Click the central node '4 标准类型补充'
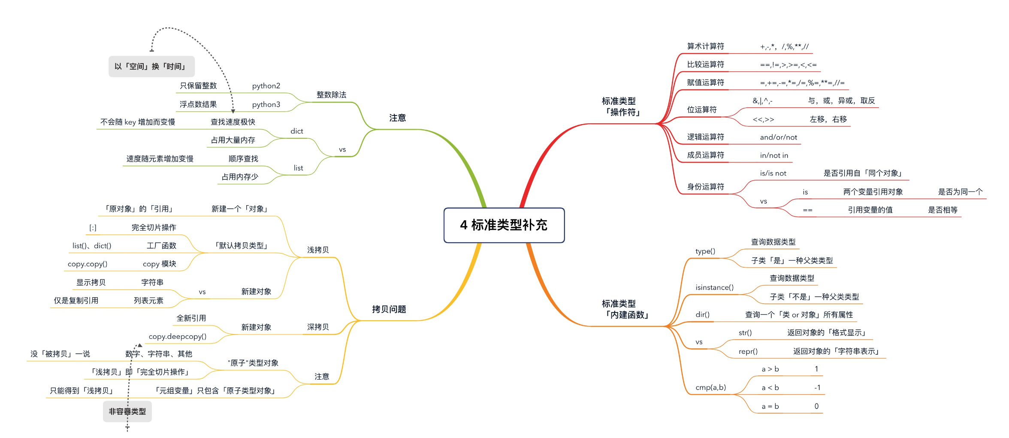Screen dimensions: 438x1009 tap(504, 225)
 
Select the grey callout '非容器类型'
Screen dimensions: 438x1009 tap(127, 411)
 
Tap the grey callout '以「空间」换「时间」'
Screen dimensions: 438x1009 tap(151, 67)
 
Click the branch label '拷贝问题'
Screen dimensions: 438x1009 tap(389, 309)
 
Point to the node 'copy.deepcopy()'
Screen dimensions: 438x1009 tap(178, 337)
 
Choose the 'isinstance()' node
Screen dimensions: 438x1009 tap(714, 287)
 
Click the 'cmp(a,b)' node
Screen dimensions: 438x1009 tap(710, 387)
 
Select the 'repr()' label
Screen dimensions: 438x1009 tap(748, 351)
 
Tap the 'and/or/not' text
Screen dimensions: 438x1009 tap(778, 137)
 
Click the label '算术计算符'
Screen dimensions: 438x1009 tap(705, 46)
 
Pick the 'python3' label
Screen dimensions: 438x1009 tap(266, 104)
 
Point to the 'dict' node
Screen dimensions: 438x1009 tap(296, 131)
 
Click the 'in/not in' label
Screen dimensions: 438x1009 tap(774, 155)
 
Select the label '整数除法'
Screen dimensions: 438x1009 tap(331, 95)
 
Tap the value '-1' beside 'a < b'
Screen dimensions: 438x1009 tap(817, 387)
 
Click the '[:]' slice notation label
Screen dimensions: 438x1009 tap(93, 228)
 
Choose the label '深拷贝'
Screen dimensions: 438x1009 tap(318, 327)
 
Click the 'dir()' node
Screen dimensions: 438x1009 tap(702, 314)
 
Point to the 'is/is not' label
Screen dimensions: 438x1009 tap(773, 173)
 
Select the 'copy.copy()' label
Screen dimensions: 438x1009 tap(88, 264)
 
